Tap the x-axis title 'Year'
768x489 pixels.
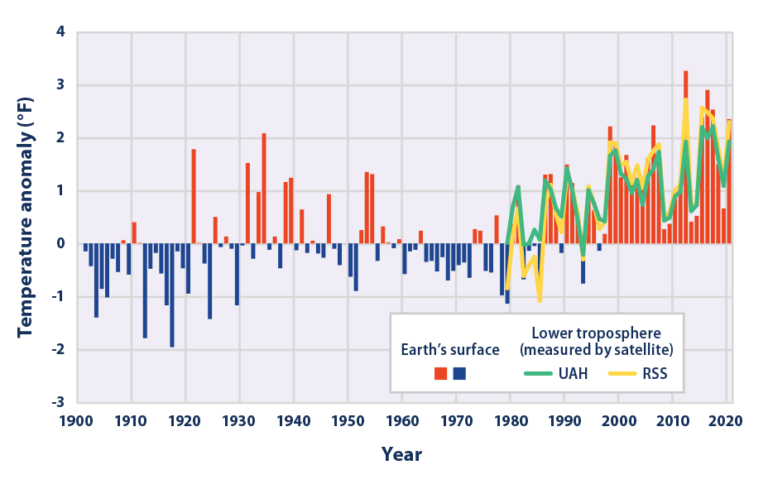tap(401, 454)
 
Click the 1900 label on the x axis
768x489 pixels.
tap(78, 420)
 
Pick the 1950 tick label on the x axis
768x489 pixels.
tap(348, 420)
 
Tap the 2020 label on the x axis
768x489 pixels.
tap(726, 420)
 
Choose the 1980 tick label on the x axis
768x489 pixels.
tap(510, 420)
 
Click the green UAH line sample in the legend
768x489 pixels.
tap(542, 373)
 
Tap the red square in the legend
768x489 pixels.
tap(441, 374)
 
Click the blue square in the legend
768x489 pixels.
tap(459, 374)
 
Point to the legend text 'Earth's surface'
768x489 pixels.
tap(450, 350)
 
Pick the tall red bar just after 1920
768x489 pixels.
tap(194, 196)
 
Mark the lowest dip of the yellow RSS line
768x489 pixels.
tap(540, 300)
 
